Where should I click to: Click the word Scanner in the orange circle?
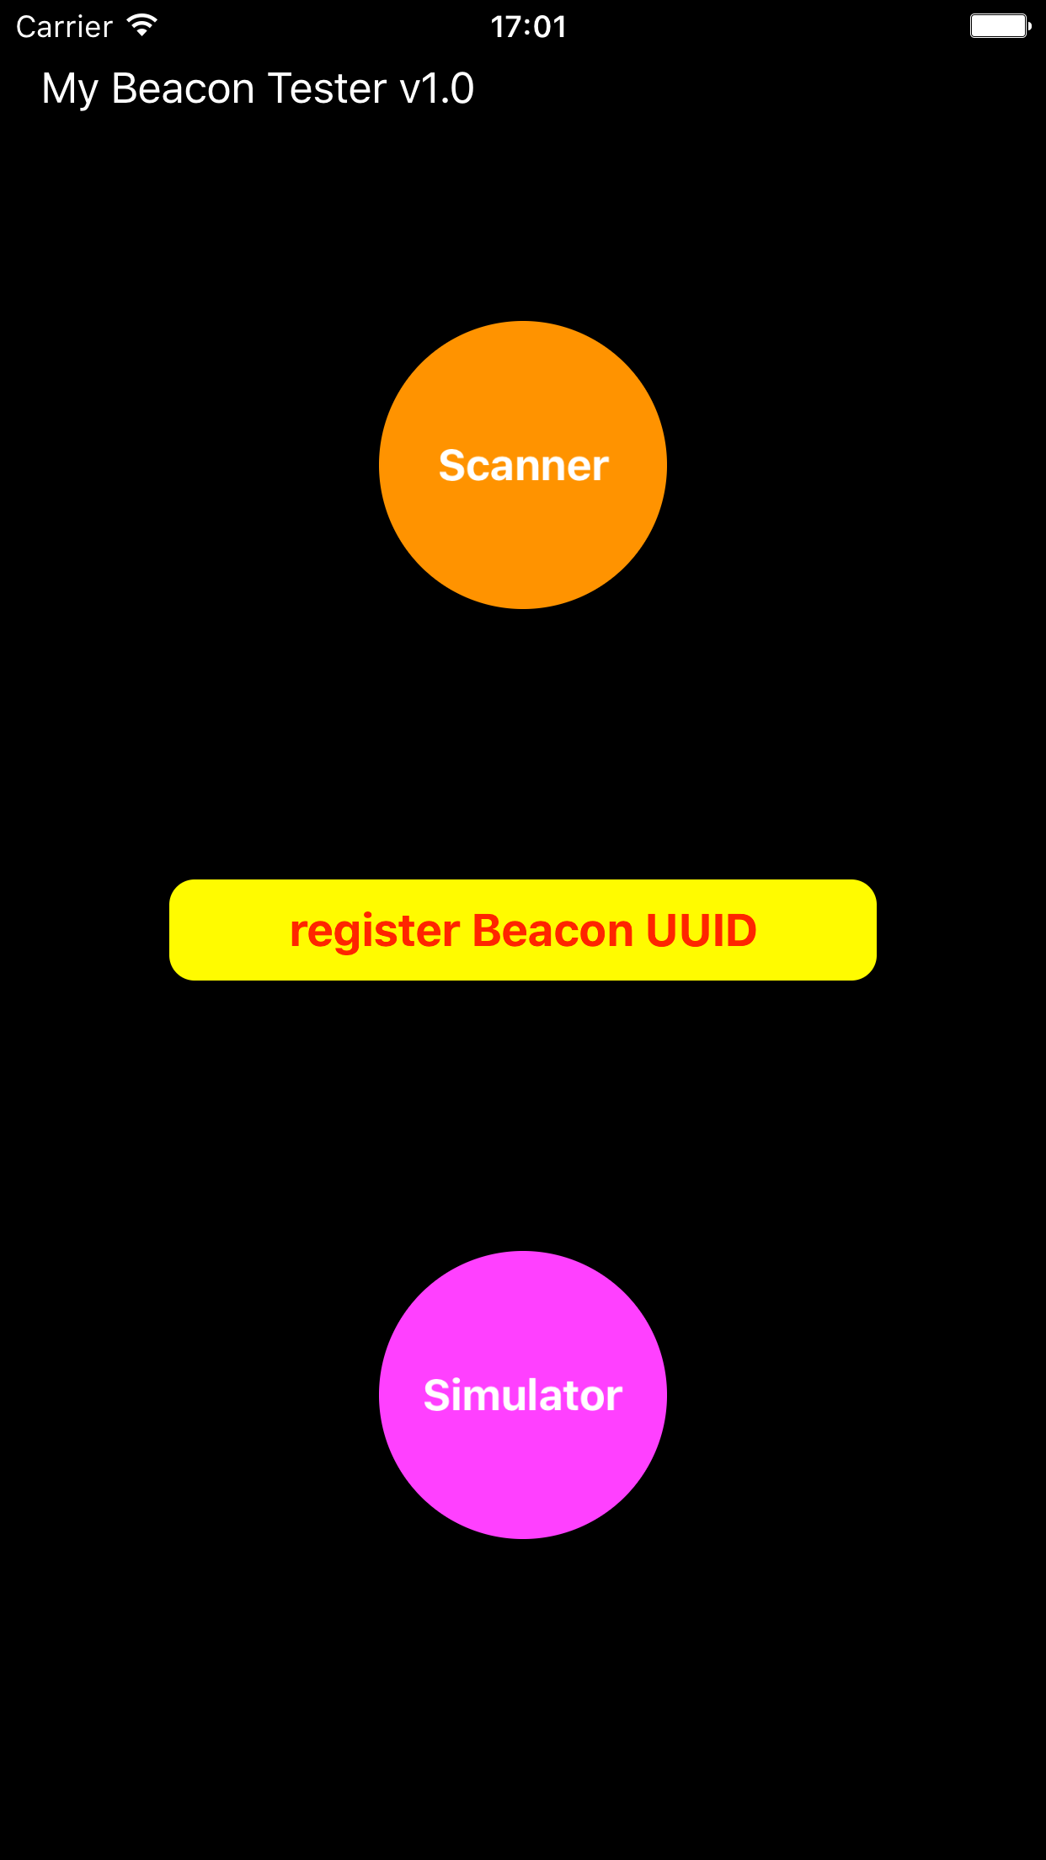point(523,465)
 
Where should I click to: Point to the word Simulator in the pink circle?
point(523,1395)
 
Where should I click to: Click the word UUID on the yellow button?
point(701,930)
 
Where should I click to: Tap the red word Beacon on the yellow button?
point(552,930)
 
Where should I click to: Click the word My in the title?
point(70,89)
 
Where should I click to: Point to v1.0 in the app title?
point(437,88)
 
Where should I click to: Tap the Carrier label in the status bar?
point(64,27)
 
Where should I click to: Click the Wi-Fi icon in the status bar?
point(142,25)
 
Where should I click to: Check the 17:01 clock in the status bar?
point(528,27)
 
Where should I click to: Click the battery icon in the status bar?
point(1000,26)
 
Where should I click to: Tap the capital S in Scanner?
point(452,465)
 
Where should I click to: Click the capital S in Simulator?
point(437,1395)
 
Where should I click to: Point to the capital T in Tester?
point(281,88)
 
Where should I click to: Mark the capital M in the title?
point(59,88)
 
